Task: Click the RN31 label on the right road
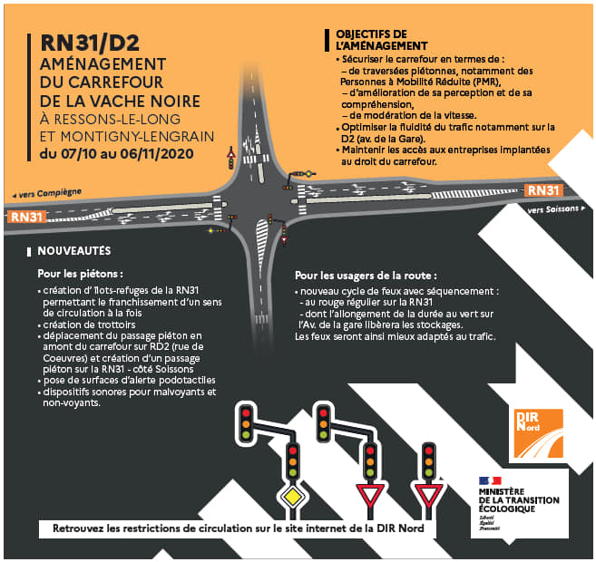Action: point(542,189)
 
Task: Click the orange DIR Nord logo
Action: point(537,432)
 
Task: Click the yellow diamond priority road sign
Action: point(292,497)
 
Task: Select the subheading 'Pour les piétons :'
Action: point(80,272)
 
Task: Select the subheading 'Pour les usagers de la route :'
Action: point(366,274)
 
